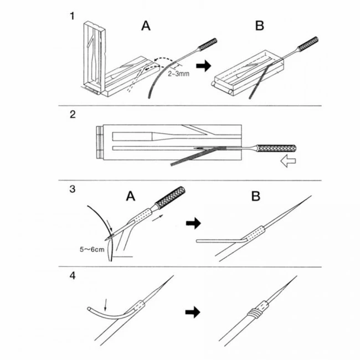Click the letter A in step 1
145,25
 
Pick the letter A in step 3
131,196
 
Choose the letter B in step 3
255,196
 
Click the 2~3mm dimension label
181,73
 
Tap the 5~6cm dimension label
92,250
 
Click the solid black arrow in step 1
205,66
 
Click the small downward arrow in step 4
109,302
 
